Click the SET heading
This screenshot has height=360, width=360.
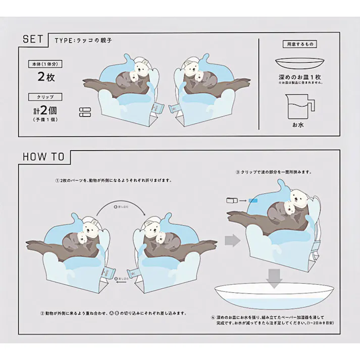click(x=33, y=39)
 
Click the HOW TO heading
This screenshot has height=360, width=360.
click(x=43, y=157)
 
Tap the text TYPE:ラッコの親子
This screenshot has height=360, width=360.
click(x=79, y=40)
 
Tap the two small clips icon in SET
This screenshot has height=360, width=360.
click(x=84, y=112)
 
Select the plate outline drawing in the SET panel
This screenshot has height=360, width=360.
click(x=300, y=65)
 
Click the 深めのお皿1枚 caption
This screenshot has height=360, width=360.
click(x=300, y=78)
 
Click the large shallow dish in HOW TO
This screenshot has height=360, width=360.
click(x=274, y=298)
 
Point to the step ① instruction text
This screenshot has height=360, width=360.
click(x=114, y=180)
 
